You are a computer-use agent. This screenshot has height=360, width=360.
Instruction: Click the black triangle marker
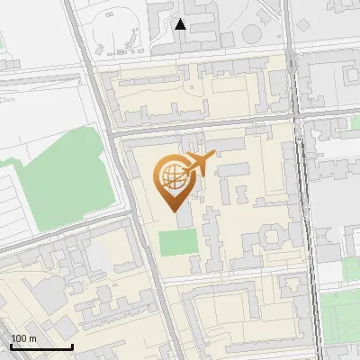[181, 24]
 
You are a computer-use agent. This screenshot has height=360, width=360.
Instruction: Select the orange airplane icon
[198, 165]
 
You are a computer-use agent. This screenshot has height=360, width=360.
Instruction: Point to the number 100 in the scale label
[20, 338]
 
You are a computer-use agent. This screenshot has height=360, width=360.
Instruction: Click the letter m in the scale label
[33, 338]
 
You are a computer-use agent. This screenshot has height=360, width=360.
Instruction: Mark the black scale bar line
[41, 346]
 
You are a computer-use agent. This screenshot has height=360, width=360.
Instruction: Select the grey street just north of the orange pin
[207, 126]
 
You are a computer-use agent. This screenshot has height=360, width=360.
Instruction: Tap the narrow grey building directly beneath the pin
[184, 219]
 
